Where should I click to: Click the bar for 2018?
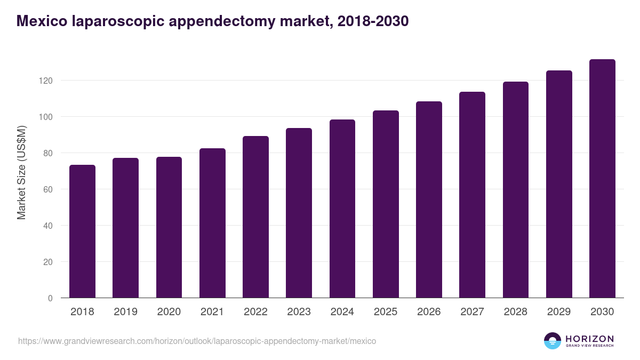click(x=82, y=231)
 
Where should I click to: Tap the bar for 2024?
click(x=342, y=209)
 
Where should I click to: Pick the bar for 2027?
click(x=472, y=195)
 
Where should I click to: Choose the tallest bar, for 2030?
click(x=602, y=179)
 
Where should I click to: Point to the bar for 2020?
click(x=169, y=227)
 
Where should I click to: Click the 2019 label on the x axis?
click(x=125, y=312)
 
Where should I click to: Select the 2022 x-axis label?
click(x=255, y=312)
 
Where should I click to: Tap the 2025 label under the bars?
click(x=386, y=312)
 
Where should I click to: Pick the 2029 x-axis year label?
click(x=559, y=312)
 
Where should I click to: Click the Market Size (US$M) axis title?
click(x=21, y=172)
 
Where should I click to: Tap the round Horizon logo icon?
click(x=553, y=341)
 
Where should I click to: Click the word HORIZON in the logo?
click(x=589, y=339)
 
